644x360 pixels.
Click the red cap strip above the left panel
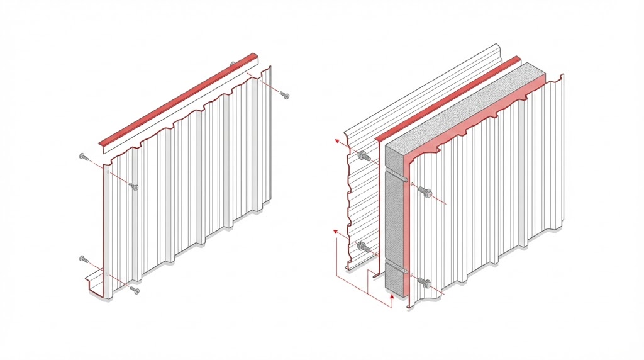point(179,101)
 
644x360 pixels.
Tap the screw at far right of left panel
point(285,95)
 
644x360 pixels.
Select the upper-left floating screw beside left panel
point(84,157)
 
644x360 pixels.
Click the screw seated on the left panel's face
point(133,186)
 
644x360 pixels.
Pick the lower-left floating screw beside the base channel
point(84,259)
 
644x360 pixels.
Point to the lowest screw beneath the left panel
point(134,290)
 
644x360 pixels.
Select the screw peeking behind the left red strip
point(233,64)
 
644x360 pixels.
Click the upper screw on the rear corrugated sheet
point(363,156)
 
